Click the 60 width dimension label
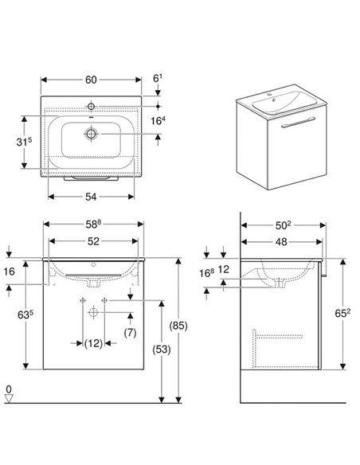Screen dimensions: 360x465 pyautogui.click(x=91, y=80)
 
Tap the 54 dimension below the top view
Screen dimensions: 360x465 pyautogui.click(x=91, y=197)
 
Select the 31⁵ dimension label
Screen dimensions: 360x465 pyautogui.click(x=24, y=142)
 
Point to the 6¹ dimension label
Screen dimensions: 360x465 pyautogui.click(x=158, y=78)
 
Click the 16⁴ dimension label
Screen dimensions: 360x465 pyautogui.click(x=158, y=120)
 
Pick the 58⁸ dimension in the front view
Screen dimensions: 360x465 pyautogui.click(x=93, y=225)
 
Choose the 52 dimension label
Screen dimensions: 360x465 pyautogui.click(x=93, y=241)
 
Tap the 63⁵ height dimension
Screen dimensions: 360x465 pyautogui.click(x=25, y=315)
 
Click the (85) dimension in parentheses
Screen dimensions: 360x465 pyautogui.click(x=178, y=326)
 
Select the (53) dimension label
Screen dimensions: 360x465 pyautogui.click(x=162, y=350)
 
